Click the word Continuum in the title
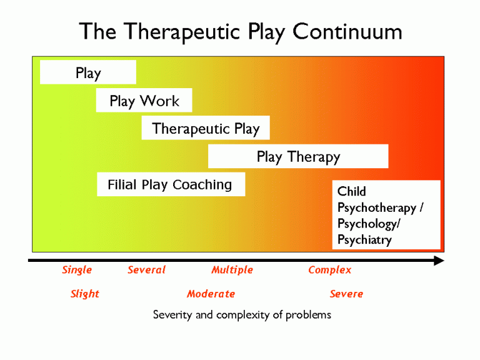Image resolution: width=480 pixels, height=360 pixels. click(x=347, y=31)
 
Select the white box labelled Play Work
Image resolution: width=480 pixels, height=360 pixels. click(x=144, y=100)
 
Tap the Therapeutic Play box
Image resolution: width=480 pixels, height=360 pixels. click(x=206, y=127)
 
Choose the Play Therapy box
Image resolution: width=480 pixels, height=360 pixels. click(x=298, y=156)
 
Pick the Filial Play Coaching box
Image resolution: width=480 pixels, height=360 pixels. click(x=171, y=184)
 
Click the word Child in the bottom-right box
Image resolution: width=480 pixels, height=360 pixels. click(x=351, y=191)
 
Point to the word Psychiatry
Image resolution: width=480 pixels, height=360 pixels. click(x=364, y=240)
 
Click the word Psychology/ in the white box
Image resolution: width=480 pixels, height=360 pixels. click(x=369, y=224)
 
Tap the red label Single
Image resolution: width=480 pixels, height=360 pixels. click(x=77, y=270)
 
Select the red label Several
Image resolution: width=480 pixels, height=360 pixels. click(x=147, y=270)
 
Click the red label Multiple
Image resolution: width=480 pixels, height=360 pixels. click(x=232, y=270)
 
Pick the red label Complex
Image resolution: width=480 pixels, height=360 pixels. click(x=330, y=270)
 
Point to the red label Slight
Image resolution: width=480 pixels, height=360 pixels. click(x=85, y=294)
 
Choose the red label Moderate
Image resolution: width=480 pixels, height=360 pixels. click(x=211, y=294)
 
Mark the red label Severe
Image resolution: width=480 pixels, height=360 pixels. click(x=346, y=294)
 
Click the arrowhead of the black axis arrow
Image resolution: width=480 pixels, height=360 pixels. click(x=439, y=261)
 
